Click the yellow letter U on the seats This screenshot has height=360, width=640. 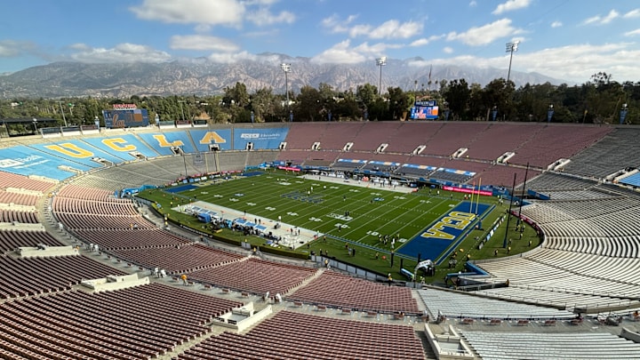(69, 151)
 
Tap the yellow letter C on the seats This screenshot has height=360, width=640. (118, 144)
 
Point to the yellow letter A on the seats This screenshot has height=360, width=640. (212, 138)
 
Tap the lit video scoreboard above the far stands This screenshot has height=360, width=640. (425, 110)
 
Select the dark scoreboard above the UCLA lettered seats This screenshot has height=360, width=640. (125, 117)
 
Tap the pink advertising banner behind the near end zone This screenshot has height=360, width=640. (468, 190)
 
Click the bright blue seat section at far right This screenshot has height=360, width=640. (630, 179)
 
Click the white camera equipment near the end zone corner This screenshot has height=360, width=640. (424, 267)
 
